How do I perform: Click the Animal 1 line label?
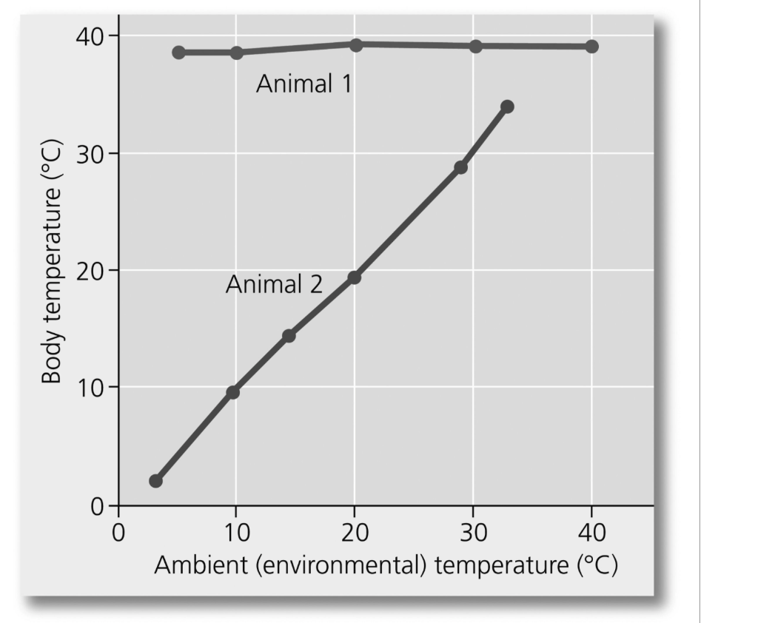point(304,84)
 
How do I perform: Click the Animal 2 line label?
point(274,284)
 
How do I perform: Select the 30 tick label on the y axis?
point(90,153)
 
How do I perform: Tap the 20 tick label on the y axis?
point(90,271)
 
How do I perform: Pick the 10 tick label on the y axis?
point(90,388)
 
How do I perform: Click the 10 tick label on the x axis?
point(235,532)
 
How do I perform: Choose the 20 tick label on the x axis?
point(355,532)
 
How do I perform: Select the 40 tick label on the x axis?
point(591,532)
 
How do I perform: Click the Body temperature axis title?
point(51,262)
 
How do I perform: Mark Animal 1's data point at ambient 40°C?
point(591,47)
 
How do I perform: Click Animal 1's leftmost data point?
point(178,53)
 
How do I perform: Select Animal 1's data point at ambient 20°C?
point(355,45)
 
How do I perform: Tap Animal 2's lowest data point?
point(155,481)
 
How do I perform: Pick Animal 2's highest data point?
point(507,107)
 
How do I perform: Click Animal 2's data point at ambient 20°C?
point(354,277)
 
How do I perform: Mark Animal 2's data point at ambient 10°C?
point(232,392)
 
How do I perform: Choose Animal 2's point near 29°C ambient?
point(460,167)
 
